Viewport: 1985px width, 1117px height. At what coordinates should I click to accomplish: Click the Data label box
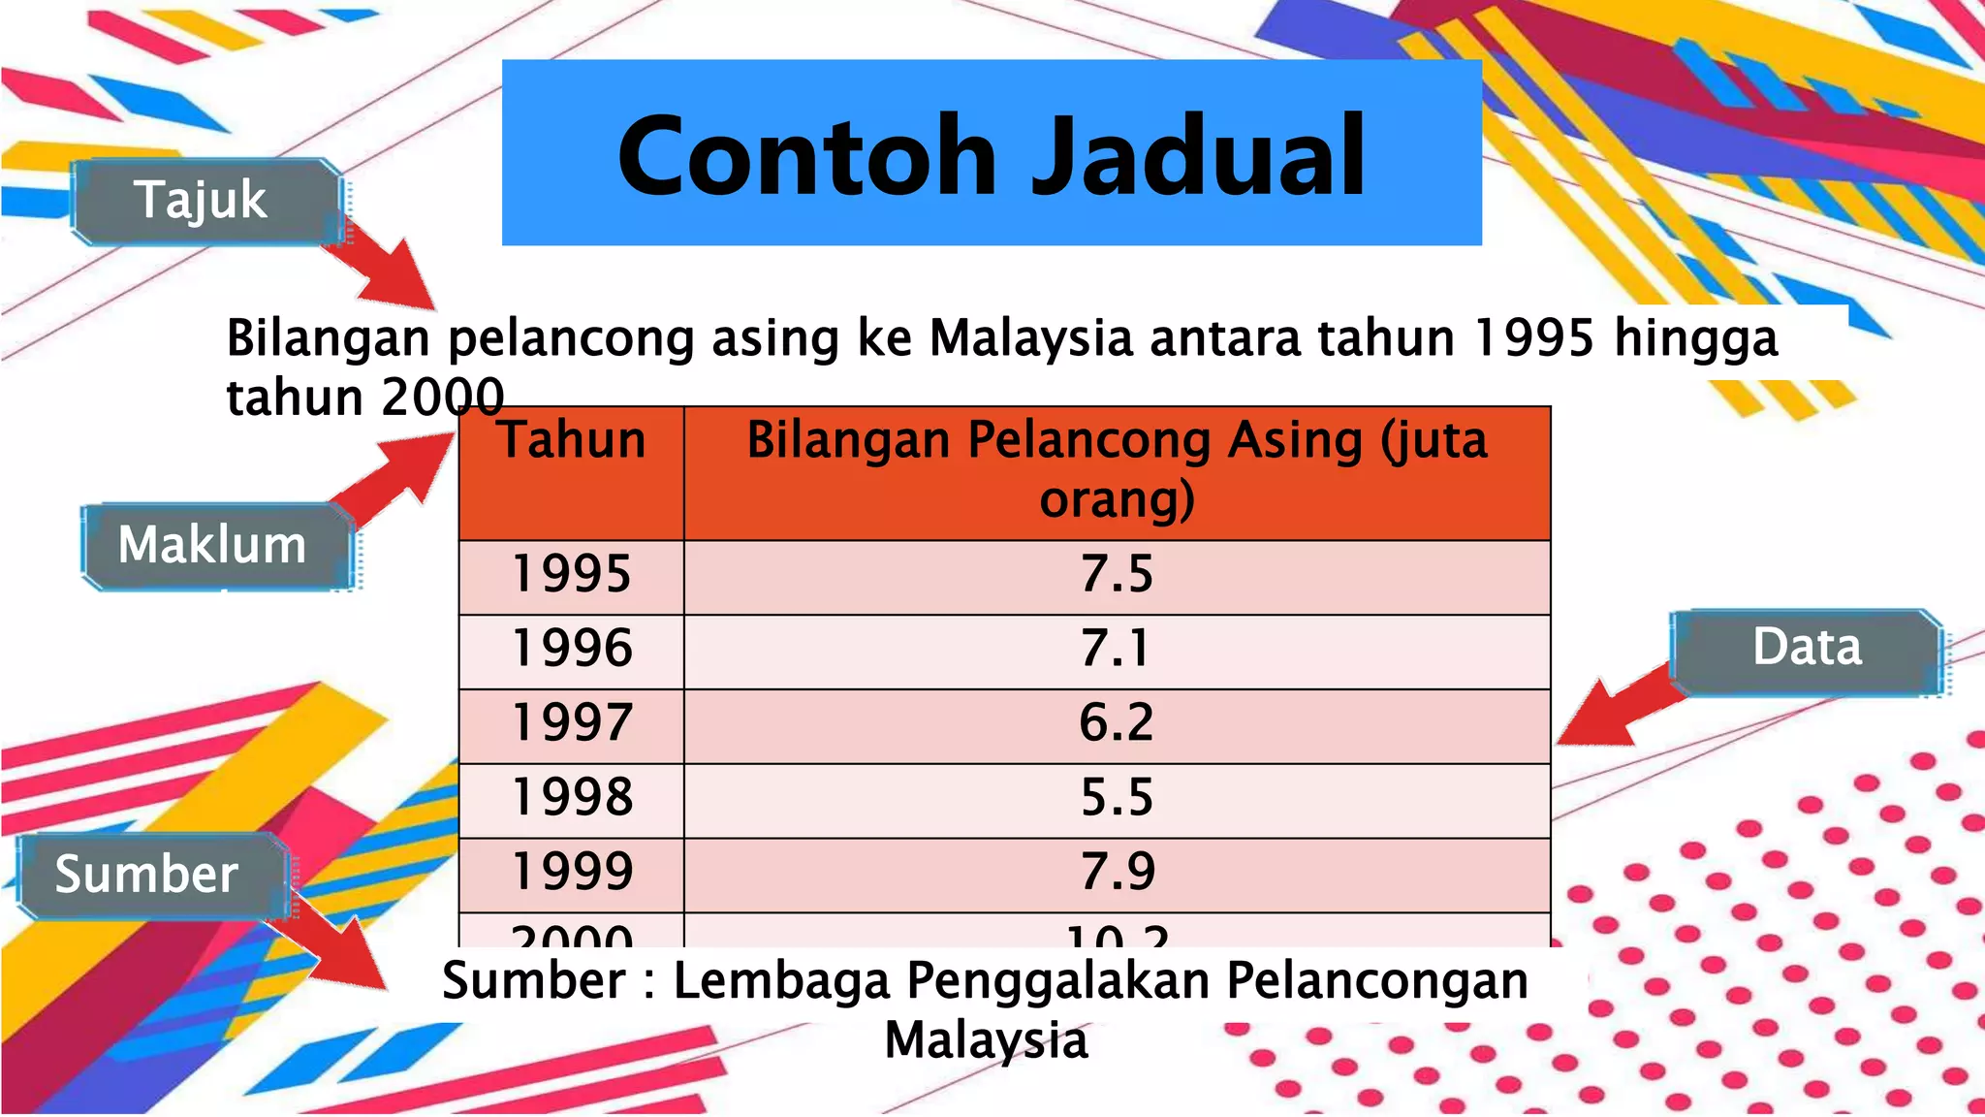point(1806,648)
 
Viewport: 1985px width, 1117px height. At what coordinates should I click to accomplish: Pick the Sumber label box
point(147,875)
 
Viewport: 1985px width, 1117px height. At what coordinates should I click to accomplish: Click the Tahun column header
point(572,441)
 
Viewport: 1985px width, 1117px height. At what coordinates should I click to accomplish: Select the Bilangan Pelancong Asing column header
point(1117,470)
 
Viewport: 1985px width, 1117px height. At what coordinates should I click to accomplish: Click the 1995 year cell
point(572,574)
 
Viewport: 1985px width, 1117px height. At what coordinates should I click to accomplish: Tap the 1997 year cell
point(572,723)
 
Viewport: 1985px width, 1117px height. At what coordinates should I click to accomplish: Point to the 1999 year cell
point(572,872)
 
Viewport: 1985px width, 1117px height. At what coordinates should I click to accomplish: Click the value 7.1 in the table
point(1117,649)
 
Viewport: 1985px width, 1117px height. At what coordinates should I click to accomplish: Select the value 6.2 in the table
point(1117,723)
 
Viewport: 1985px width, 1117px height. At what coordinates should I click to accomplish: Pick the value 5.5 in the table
point(1117,797)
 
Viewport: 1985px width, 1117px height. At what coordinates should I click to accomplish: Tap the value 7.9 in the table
point(1117,872)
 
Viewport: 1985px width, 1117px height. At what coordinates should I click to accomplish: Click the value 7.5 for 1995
point(1117,574)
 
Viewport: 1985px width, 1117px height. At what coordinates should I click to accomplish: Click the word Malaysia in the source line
point(986,1041)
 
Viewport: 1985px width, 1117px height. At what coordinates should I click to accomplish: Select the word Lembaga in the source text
point(781,980)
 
